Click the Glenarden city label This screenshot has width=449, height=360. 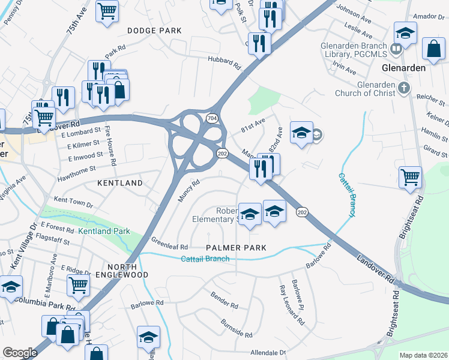point(404,68)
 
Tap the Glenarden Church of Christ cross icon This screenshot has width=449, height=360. point(405,89)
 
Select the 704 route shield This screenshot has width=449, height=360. point(212,119)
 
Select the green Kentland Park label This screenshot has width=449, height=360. point(104,231)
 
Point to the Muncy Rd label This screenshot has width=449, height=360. point(188,192)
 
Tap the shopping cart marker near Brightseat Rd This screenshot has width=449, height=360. point(411,177)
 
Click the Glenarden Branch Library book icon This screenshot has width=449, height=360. point(396,48)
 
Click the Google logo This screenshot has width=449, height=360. point(20,353)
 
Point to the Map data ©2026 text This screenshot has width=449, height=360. point(423,355)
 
